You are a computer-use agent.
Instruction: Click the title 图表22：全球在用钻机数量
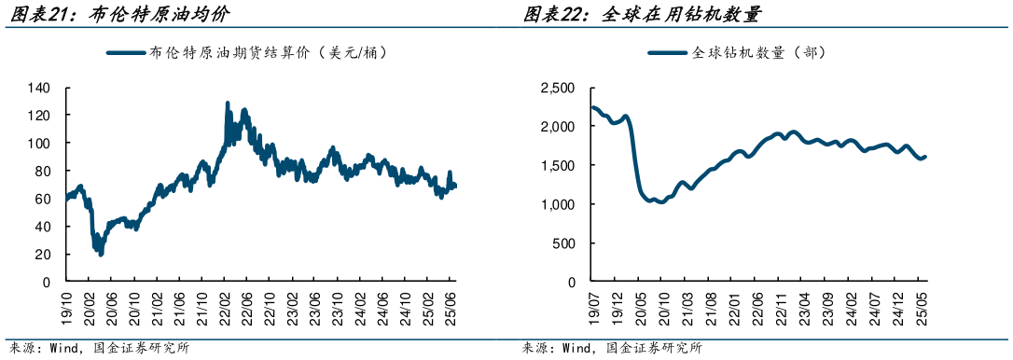coord(642,15)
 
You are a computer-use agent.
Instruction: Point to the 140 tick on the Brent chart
coord(39,89)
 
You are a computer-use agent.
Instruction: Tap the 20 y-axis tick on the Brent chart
coord(43,254)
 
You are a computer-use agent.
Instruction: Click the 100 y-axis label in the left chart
coord(39,144)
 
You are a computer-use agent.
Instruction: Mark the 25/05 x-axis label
coord(922,303)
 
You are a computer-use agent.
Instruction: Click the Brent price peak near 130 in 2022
coord(228,103)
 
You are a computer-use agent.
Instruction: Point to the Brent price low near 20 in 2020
coord(100,253)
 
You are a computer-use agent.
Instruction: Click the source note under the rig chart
coord(612,349)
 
